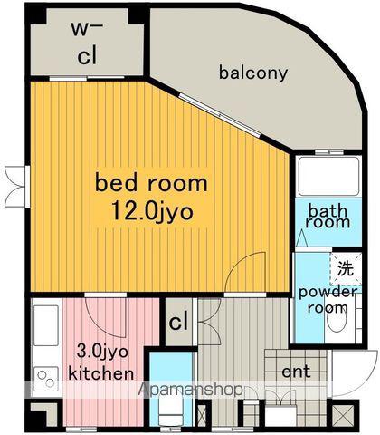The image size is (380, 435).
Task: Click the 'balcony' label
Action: click(253, 73)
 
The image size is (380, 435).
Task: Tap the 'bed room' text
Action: click(151, 182)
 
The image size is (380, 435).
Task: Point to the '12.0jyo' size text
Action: click(152, 211)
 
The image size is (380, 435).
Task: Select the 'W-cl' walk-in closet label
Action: click(87, 43)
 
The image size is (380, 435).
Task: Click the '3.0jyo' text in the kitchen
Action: click(102, 353)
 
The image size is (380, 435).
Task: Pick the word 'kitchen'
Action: click(101, 373)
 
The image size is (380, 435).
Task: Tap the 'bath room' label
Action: click(328, 217)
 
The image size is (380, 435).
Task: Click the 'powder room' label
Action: click(328, 300)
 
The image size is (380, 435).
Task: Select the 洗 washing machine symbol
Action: click(346, 268)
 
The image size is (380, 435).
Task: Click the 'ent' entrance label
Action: click(296, 372)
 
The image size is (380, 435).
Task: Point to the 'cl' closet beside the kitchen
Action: click(178, 322)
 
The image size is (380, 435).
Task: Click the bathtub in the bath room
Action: click(328, 177)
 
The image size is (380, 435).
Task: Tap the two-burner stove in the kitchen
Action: click(46, 379)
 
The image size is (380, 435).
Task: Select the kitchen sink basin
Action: click(46, 325)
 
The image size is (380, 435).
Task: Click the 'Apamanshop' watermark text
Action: click(191, 390)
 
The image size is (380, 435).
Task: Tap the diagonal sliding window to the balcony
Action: click(219, 115)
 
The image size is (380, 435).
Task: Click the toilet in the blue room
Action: click(171, 412)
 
